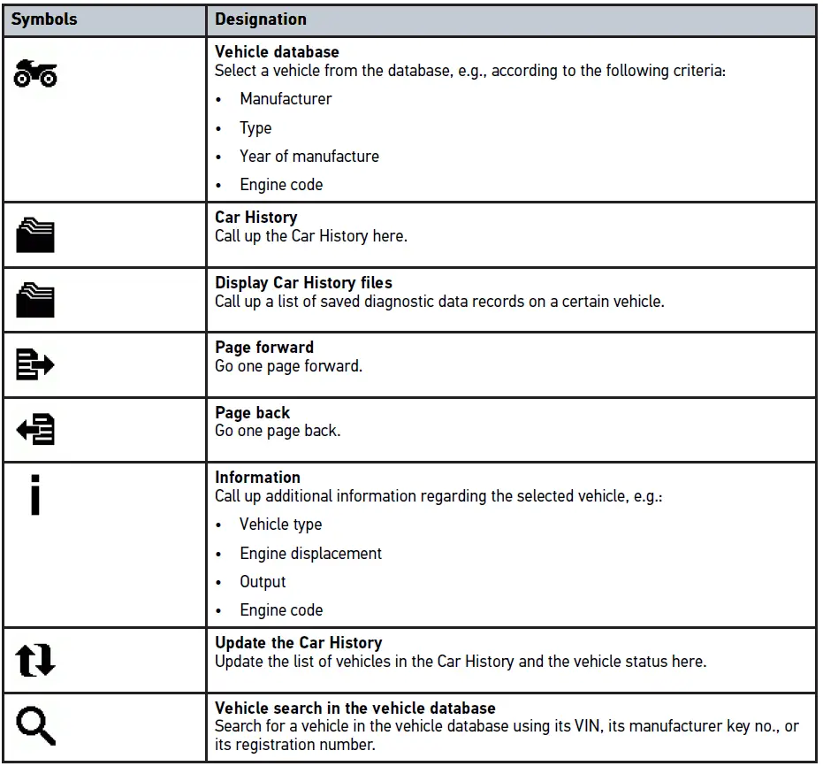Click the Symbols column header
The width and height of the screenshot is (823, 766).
click(x=43, y=19)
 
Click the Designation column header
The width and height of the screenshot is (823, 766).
click(x=261, y=19)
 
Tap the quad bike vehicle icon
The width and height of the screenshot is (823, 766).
click(x=35, y=75)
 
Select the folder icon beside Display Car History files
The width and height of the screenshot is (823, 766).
click(x=35, y=300)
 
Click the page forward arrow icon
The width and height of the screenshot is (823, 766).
click(x=35, y=364)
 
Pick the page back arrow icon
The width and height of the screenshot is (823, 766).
click(x=35, y=430)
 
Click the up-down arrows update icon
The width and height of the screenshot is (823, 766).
click(x=35, y=661)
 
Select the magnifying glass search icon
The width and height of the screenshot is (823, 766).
click(x=35, y=727)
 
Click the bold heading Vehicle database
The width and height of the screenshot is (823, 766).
click(x=277, y=52)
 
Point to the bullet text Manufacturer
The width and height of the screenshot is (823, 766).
click(x=286, y=99)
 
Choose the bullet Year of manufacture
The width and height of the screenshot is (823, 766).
click(x=309, y=157)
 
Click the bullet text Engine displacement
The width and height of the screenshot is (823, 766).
click(x=310, y=554)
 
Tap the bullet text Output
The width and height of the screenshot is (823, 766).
click(x=263, y=582)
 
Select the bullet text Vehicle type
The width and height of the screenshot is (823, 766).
click(x=280, y=525)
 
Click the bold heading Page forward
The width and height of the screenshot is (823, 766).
click(x=264, y=348)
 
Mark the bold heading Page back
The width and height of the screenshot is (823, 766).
click(x=253, y=413)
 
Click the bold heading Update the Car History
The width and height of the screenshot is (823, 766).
click(x=299, y=643)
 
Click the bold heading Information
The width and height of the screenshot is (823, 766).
click(x=257, y=478)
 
